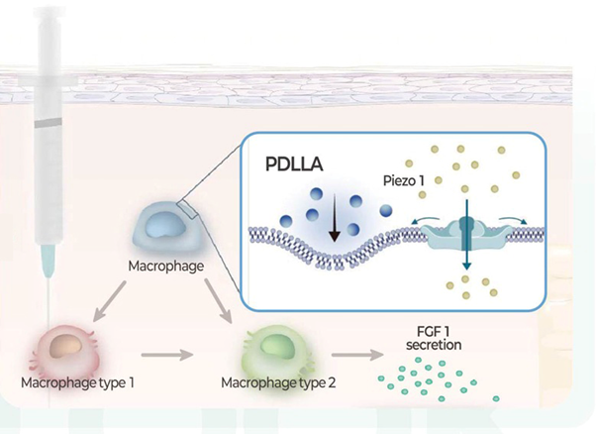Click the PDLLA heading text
click(x=294, y=164)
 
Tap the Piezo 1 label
click(x=403, y=180)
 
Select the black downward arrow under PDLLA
click(x=334, y=218)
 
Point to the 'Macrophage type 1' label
click(x=77, y=382)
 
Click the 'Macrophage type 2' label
click(x=278, y=382)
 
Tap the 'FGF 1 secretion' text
click(x=434, y=338)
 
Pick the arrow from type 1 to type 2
click(x=167, y=355)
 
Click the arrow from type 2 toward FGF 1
click(x=357, y=355)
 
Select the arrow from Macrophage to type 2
click(x=218, y=300)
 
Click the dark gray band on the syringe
click(x=49, y=123)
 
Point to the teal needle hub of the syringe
click(x=49, y=261)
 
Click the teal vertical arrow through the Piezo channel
click(x=466, y=235)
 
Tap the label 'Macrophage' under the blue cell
click(x=165, y=266)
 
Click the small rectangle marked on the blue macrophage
click(x=187, y=209)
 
